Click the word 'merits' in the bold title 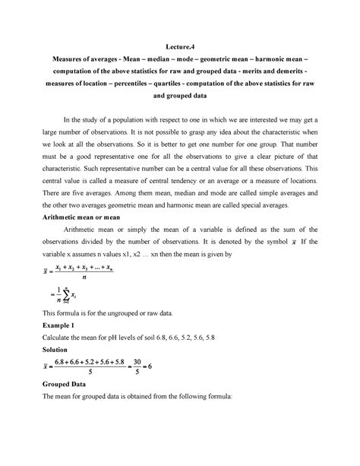point(255,83)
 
